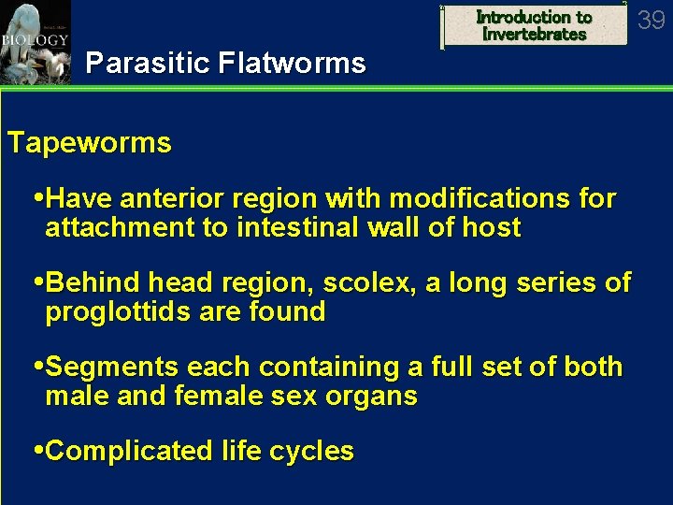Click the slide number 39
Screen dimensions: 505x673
[651, 20]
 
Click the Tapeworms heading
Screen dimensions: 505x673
[90, 143]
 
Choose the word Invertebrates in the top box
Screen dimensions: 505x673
[535, 35]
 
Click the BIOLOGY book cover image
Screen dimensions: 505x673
[35, 42]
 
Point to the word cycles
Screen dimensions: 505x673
[314, 452]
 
